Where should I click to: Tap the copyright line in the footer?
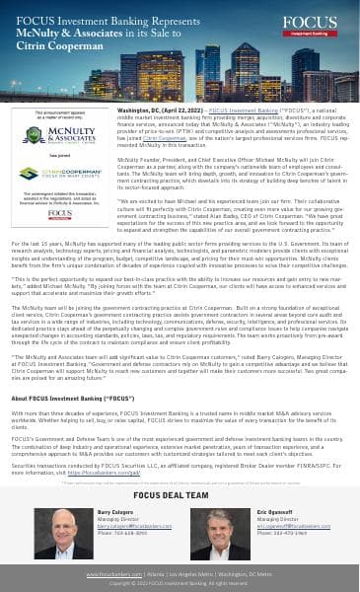click(x=180, y=583)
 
